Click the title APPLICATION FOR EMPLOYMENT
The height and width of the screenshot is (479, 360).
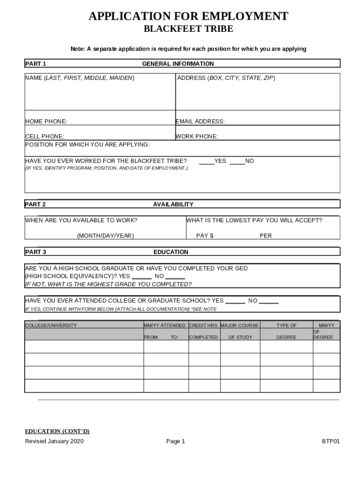point(188,17)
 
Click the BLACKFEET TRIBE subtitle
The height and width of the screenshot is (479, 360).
point(188,29)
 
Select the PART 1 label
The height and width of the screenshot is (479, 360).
point(35,64)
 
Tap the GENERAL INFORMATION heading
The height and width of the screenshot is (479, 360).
point(178,64)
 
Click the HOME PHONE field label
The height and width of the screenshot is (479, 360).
point(46,122)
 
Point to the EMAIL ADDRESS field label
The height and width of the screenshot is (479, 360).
point(200,122)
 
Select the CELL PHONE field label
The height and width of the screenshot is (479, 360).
point(44,137)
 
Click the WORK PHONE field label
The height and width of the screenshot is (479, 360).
point(197,137)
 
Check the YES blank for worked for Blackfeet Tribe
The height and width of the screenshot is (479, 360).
point(206,162)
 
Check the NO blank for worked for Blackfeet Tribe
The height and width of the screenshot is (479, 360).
point(237,162)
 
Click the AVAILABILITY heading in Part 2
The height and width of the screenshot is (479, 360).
point(173,204)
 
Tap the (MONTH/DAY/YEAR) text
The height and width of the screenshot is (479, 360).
point(105,236)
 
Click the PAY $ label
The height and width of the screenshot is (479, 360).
point(205,236)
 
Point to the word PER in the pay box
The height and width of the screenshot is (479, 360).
point(266,236)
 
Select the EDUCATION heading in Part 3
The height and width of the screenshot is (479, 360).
point(171,252)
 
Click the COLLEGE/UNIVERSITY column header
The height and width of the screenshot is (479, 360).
point(51,325)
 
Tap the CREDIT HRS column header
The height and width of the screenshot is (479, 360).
point(203,325)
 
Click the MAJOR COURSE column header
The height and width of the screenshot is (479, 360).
point(239,325)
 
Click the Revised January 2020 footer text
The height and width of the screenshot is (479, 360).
point(54,441)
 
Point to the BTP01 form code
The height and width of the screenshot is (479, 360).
point(331,441)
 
